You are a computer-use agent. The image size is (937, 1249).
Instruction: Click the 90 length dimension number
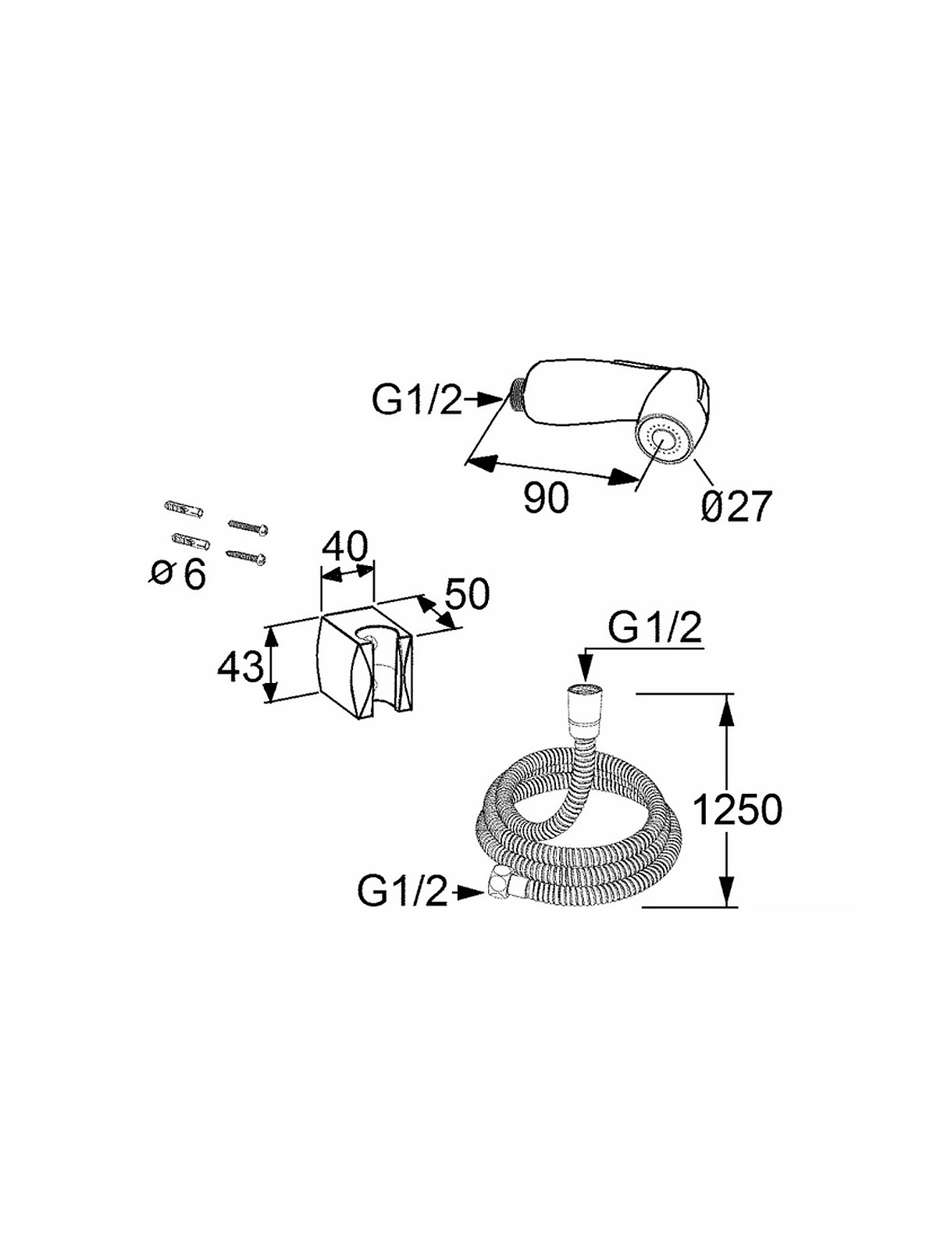tap(546, 497)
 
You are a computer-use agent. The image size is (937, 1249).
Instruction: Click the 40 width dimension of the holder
tap(345, 547)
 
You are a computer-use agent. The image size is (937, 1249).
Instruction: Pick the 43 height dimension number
tap(240, 667)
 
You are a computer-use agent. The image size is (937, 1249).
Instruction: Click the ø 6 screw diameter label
tap(177, 575)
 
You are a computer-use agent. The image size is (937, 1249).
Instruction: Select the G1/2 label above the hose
tap(654, 628)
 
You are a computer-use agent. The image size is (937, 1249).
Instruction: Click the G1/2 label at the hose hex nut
tap(402, 893)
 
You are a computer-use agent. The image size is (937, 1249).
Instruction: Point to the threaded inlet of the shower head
tap(518, 392)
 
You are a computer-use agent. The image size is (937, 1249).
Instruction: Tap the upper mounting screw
tap(248, 526)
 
